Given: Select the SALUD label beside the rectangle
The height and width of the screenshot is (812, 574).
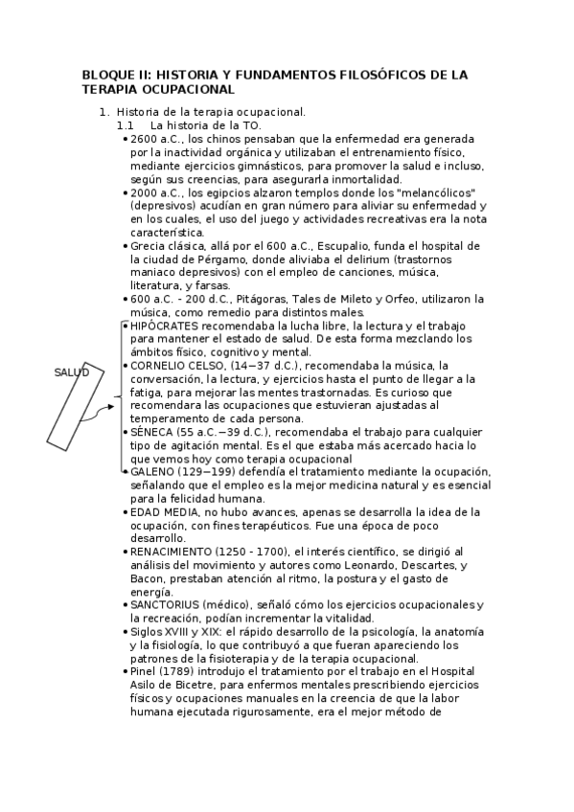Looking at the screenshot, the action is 71,372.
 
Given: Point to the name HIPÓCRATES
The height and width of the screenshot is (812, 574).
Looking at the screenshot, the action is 164,326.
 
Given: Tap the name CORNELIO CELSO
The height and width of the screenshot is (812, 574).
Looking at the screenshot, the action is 176,366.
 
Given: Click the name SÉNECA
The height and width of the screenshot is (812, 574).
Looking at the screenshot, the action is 151,432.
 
